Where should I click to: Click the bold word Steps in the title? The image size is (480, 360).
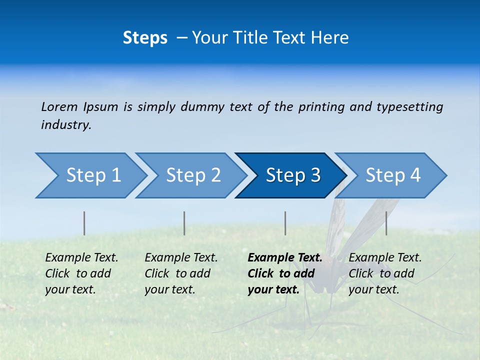click(x=145, y=38)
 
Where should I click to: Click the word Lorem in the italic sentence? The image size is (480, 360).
click(x=59, y=106)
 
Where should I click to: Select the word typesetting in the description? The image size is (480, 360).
click(x=409, y=106)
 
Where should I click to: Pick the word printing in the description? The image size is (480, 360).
click(x=314, y=106)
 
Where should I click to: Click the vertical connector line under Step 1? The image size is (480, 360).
click(x=84, y=223)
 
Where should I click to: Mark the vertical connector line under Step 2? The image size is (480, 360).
click(x=184, y=223)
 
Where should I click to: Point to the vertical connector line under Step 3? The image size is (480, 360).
click(x=285, y=223)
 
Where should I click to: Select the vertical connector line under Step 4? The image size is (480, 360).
click(x=386, y=223)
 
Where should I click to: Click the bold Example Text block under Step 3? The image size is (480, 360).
click(x=284, y=273)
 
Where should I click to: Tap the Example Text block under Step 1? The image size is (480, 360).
click(x=81, y=273)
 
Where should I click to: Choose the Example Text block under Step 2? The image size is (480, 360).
click(x=181, y=273)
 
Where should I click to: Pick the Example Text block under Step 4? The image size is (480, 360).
click(x=385, y=273)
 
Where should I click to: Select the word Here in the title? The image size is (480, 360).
click(x=332, y=38)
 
